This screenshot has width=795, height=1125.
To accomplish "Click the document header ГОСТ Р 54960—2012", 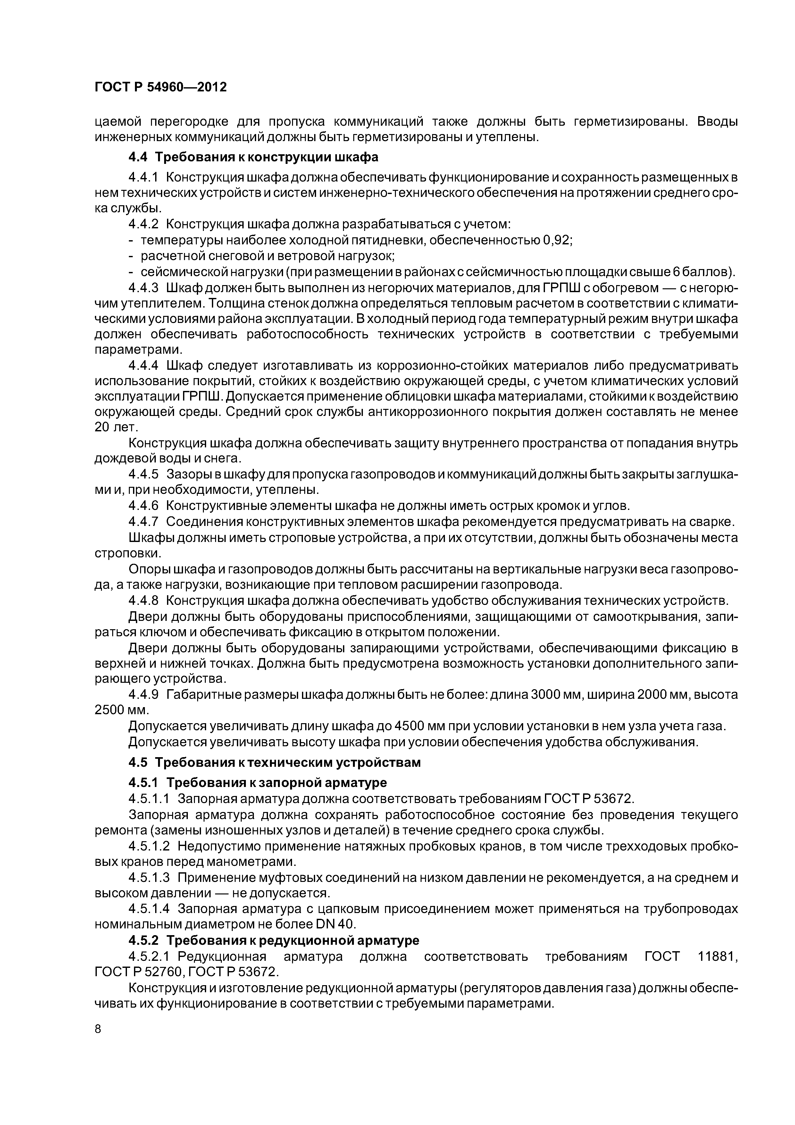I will (x=160, y=87).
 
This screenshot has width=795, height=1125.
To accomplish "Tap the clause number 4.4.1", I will (x=144, y=177).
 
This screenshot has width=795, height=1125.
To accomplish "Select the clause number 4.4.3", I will (x=144, y=288).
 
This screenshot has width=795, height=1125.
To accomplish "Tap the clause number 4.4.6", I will (x=144, y=506).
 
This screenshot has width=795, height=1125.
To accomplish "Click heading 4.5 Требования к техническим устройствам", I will (x=274, y=763).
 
